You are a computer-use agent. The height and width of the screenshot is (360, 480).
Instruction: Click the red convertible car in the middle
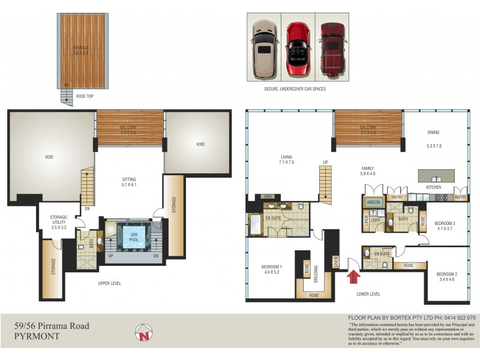point(298,47)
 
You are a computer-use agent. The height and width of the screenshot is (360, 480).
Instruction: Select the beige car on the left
point(264,47)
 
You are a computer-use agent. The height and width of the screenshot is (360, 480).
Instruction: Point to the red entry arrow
point(354,277)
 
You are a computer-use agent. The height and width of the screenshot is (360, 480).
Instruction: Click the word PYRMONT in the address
point(37,337)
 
